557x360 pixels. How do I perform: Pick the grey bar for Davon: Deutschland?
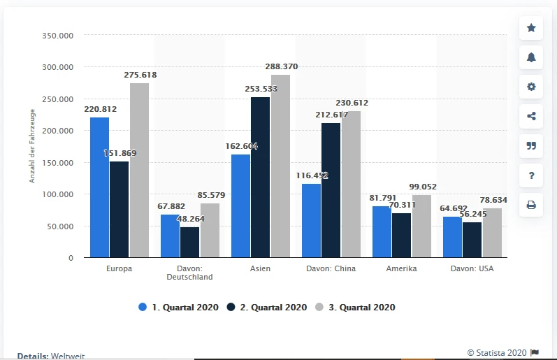(x=210, y=230)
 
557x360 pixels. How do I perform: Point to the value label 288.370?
(x=281, y=66)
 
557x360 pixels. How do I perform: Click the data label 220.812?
(x=100, y=109)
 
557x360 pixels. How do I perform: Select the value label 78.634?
(x=493, y=200)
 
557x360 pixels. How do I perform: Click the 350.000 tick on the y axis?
(x=59, y=35)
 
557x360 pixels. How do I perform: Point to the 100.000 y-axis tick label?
(x=59, y=194)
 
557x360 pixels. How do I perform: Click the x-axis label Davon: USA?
(x=472, y=268)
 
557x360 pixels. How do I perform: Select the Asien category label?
(x=260, y=268)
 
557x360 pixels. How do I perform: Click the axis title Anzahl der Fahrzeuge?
(x=32, y=147)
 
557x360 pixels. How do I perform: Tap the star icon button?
(x=531, y=28)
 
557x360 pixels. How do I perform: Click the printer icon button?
(x=531, y=205)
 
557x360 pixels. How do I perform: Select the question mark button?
(x=531, y=175)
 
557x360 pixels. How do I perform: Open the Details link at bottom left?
(x=33, y=355)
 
